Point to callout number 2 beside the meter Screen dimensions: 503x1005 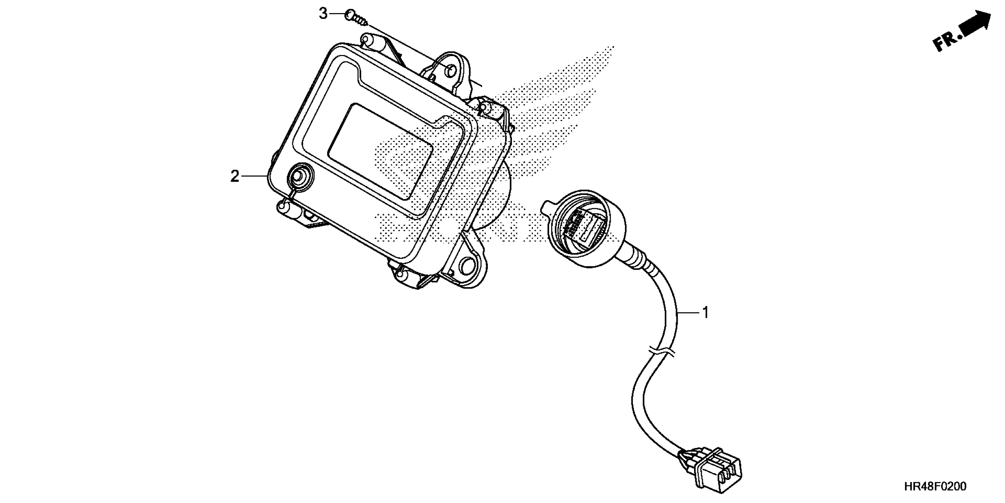pyautogui.click(x=234, y=177)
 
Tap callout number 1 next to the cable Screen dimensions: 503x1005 pyautogui.click(x=705, y=312)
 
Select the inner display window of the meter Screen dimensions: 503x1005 pyautogui.click(x=380, y=150)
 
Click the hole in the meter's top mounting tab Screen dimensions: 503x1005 pyautogui.click(x=450, y=72)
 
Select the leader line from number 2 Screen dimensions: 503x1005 pyautogui.click(x=255, y=177)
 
